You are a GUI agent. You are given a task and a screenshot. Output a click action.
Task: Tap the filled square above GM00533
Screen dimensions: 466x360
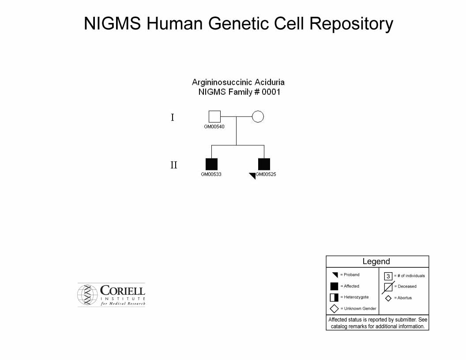(212, 164)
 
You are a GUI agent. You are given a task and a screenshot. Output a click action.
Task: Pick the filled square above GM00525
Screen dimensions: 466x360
(264, 164)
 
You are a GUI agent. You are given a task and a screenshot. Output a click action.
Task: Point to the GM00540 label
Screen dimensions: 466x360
(214, 127)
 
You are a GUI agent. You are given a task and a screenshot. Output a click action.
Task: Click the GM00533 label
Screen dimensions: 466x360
(211, 174)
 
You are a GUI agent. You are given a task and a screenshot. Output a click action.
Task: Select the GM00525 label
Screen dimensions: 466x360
(266, 174)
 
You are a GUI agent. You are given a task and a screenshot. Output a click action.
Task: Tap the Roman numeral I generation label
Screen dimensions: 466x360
(173, 118)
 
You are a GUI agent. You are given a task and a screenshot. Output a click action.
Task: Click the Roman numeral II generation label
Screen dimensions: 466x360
(174, 165)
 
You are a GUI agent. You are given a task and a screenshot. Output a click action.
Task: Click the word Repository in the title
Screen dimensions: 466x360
(351, 24)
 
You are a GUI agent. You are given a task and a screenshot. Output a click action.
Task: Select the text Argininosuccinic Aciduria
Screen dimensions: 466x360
(238, 82)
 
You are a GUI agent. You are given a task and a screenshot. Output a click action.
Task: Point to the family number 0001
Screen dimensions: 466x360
(271, 92)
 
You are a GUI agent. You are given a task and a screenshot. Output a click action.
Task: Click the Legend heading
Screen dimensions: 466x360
(376, 261)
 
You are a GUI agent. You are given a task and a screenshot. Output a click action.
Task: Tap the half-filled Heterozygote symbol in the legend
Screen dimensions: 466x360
(334, 297)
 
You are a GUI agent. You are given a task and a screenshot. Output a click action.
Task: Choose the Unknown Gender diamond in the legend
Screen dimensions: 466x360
(334, 309)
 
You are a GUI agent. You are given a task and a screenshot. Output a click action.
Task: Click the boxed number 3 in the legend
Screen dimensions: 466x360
(388, 276)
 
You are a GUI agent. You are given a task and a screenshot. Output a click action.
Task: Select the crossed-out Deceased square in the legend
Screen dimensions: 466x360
(388, 287)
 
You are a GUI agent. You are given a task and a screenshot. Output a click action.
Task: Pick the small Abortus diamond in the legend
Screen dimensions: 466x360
(388, 298)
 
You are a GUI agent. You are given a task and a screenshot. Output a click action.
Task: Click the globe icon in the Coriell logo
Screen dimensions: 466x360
(87, 295)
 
